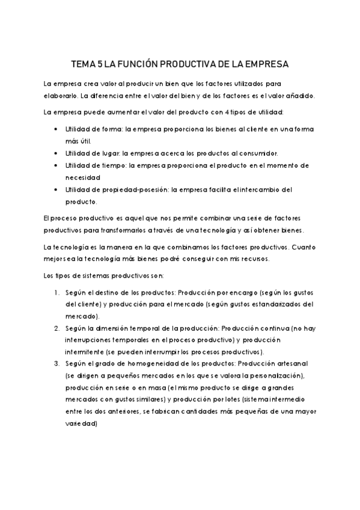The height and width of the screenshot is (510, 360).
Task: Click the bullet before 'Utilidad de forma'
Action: pos(56,129)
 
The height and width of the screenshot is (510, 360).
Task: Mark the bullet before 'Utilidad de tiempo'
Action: pos(56,165)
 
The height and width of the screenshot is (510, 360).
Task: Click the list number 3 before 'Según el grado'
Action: pos(56,364)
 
